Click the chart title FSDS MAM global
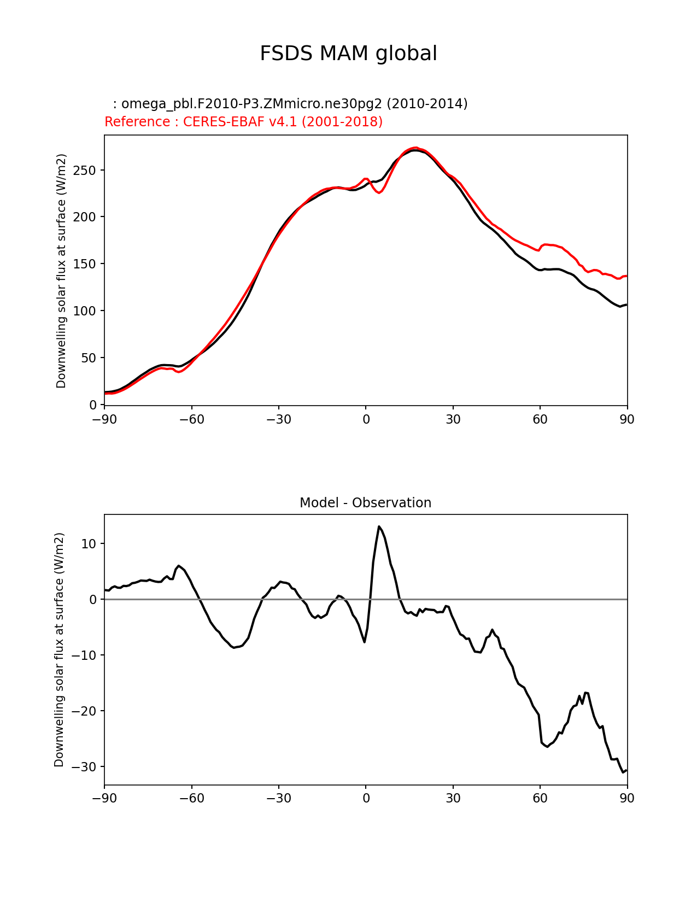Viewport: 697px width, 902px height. [348, 54]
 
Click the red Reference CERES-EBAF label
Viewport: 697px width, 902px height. [243, 122]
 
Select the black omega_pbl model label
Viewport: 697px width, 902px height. [290, 104]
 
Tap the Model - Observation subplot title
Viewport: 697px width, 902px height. [365, 503]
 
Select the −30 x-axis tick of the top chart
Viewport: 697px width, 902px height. [278, 419]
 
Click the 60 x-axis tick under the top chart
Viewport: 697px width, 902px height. [540, 419]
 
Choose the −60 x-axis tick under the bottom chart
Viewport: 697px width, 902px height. [191, 798]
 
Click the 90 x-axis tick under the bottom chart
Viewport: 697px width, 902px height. [627, 798]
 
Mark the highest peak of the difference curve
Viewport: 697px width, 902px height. [379, 526]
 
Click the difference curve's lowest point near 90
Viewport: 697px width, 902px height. [623, 772]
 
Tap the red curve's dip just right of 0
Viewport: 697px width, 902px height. [380, 192]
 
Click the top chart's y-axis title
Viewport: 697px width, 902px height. [61, 271]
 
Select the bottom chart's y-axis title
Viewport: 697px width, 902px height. [59, 649]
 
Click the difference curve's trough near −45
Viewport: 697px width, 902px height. [235, 647]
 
